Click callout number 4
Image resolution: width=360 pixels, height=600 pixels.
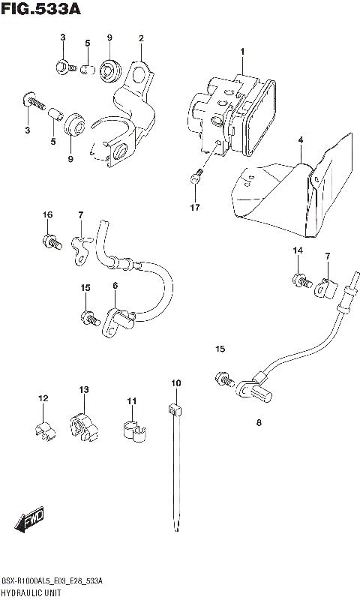coord(300,140)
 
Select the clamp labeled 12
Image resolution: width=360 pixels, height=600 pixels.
coord(44,429)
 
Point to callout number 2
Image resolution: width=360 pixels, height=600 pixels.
coord(140,38)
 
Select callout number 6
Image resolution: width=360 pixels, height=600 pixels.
coord(115,286)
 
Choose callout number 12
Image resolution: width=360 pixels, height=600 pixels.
coord(43,398)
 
